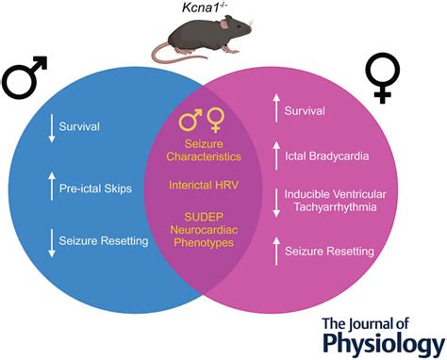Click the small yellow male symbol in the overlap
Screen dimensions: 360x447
192,121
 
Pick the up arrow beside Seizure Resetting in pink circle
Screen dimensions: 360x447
278,252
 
